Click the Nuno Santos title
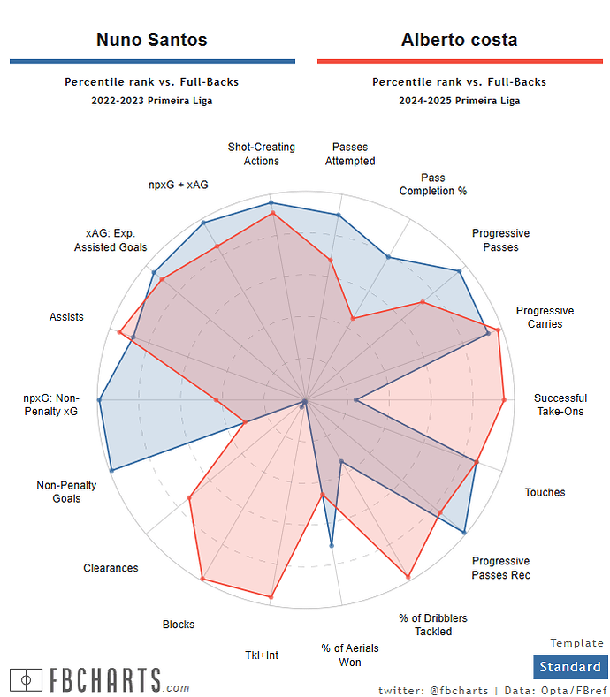(x=151, y=40)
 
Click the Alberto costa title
(x=459, y=40)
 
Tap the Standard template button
(x=570, y=667)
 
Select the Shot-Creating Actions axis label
(x=262, y=155)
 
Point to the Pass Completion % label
(x=433, y=185)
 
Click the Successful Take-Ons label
(x=560, y=405)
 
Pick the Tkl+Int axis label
(x=262, y=655)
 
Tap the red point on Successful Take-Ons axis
(x=504, y=400)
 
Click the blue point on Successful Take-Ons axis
(x=355, y=400)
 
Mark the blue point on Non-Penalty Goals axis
(x=111, y=471)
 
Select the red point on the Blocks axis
(x=202, y=580)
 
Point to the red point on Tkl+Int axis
(x=271, y=598)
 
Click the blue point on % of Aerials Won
(x=332, y=546)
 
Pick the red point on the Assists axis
(x=119, y=331)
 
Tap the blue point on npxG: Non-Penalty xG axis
(x=99, y=400)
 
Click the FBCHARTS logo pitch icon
(x=27, y=680)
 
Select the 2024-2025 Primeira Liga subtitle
(x=459, y=101)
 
